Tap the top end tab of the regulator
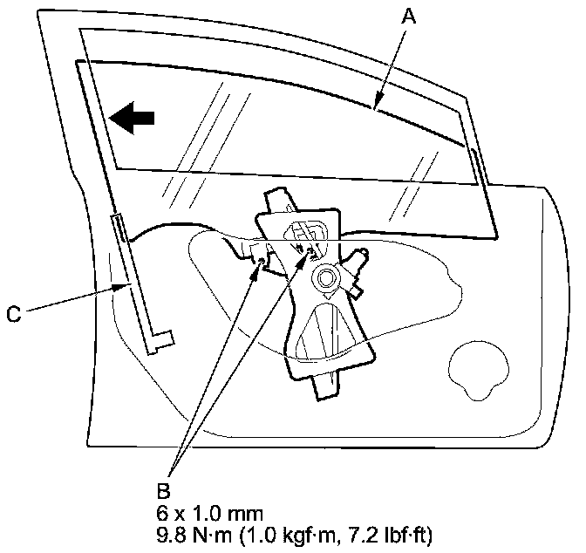click(x=279, y=198)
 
